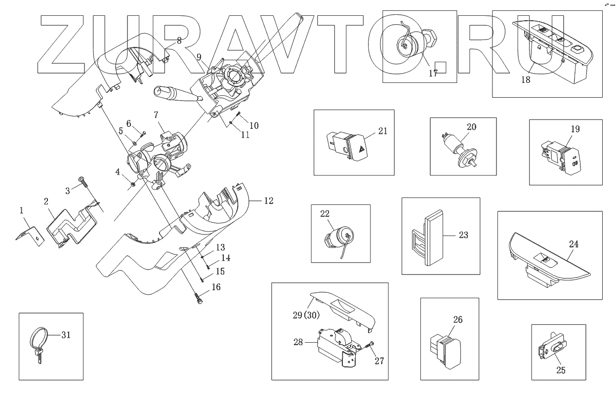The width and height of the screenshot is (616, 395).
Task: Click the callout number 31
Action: click(66, 335)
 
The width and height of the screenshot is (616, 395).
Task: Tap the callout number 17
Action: click(433, 74)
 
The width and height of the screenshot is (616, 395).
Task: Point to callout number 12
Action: click(268, 201)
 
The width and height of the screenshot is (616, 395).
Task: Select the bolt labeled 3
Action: click(82, 181)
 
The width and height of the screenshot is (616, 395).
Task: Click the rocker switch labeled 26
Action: click(447, 351)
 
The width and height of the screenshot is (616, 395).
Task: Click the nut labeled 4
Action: click(133, 185)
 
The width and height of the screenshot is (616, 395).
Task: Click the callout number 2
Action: click(46, 201)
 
